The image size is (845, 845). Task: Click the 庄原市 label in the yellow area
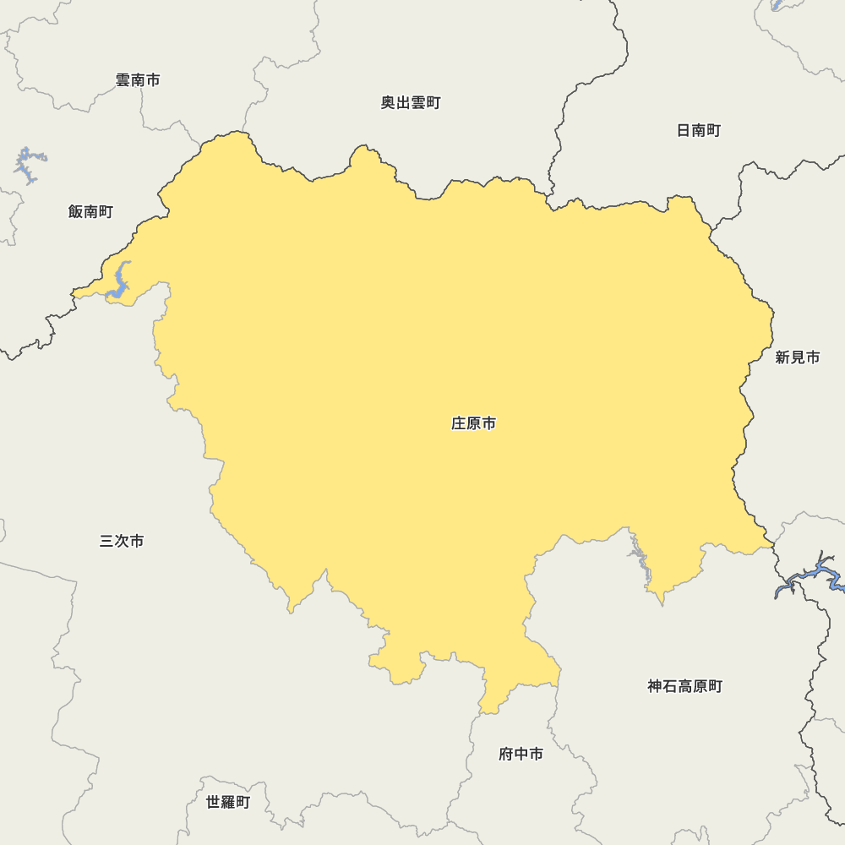473,423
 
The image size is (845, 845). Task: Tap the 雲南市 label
138,80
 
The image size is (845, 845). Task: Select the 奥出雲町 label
411,103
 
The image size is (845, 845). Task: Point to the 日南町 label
699,130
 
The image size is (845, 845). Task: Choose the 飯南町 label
90,211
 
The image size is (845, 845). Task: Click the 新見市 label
798,357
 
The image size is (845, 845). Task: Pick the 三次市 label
122,541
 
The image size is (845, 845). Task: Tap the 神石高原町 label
685,686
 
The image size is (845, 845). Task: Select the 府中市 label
521,754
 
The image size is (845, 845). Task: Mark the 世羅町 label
228,802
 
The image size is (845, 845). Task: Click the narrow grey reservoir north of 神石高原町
641,561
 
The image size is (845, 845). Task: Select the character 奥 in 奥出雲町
388,103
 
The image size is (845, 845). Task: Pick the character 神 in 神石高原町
656,686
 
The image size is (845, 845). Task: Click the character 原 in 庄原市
474,423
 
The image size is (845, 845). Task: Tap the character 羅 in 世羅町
228,802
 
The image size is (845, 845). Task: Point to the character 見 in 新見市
798,357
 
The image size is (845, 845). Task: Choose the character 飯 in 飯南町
76,211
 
